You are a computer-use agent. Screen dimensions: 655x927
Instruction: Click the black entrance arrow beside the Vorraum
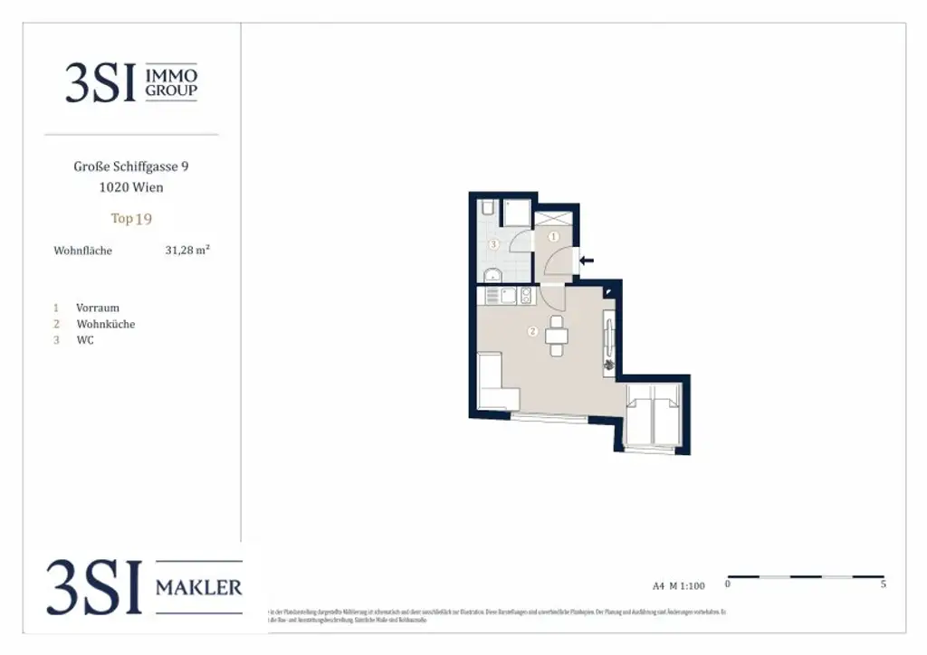(x=587, y=261)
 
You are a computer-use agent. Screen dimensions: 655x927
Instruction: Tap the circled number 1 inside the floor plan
(x=555, y=237)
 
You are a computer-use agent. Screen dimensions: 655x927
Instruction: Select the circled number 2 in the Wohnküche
(x=533, y=331)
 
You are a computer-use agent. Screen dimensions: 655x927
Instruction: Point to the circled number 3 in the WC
(x=493, y=244)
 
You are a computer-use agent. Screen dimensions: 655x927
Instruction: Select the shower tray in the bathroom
(x=517, y=214)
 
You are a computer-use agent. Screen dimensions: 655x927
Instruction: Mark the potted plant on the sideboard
(x=610, y=365)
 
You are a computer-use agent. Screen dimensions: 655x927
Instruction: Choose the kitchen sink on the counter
(x=508, y=295)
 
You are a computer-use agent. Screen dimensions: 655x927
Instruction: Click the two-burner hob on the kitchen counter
(x=526, y=295)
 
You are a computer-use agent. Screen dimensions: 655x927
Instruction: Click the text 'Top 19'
(x=131, y=218)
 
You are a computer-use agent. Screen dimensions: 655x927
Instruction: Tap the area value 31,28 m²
(x=187, y=251)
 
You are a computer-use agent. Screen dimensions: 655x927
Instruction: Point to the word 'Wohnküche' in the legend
(x=106, y=324)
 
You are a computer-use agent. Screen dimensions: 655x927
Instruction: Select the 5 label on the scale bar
(x=883, y=584)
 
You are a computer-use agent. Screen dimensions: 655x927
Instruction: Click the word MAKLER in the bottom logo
(x=199, y=588)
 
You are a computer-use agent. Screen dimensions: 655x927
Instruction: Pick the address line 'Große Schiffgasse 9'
(x=131, y=166)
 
